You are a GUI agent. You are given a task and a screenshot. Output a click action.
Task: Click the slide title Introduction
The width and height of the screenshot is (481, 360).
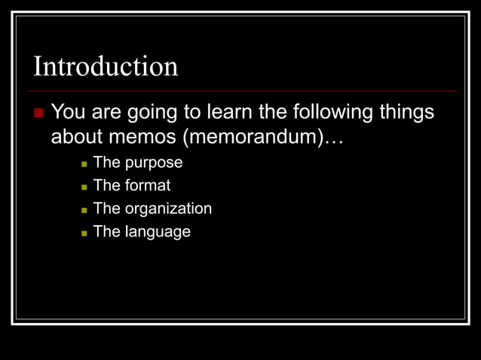106,66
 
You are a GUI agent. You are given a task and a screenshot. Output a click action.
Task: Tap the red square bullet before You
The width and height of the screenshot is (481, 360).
39,114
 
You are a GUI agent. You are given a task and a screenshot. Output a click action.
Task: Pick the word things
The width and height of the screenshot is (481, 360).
406,113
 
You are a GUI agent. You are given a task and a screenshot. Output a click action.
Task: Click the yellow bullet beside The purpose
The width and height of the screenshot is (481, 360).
84,163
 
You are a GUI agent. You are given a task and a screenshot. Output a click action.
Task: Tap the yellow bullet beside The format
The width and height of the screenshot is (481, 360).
84,186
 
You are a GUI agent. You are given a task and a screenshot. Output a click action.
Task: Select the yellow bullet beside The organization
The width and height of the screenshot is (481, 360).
84,209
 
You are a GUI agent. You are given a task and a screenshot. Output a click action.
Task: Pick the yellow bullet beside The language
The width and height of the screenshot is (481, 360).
84,233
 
